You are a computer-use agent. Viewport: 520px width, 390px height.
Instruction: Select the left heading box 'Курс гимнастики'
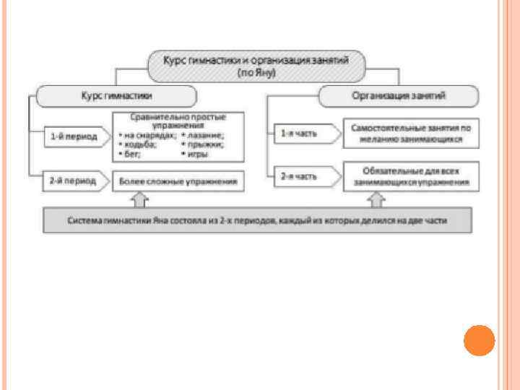click(x=116, y=96)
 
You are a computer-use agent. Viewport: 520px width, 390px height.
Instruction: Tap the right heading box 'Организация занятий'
click(x=398, y=96)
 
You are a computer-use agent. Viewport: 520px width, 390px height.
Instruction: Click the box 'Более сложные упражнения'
click(x=178, y=181)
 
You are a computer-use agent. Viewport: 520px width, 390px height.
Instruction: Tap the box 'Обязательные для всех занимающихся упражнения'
click(x=411, y=177)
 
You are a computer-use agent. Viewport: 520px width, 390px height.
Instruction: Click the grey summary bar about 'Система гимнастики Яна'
click(x=257, y=220)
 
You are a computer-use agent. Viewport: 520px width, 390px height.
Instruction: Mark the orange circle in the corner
click(x=478, y=339)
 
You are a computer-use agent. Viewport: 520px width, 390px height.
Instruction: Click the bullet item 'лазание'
click(x=207, y=135)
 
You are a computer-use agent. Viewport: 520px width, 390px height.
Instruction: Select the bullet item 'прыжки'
click(x=207, y=144)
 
